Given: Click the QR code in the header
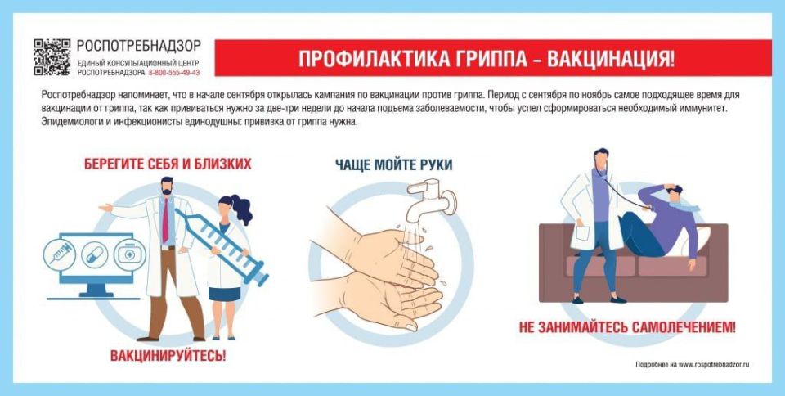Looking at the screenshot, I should point(52,56).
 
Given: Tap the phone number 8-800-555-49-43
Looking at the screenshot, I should point(174,72).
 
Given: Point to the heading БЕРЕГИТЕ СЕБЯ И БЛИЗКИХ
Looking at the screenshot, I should point(168,164).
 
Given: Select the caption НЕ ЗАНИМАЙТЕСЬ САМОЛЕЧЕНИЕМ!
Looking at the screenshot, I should point(627,327).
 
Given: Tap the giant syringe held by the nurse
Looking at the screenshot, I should point(224,246).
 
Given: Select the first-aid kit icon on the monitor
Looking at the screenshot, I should point(126,253).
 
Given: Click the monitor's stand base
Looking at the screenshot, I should point(96,292).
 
